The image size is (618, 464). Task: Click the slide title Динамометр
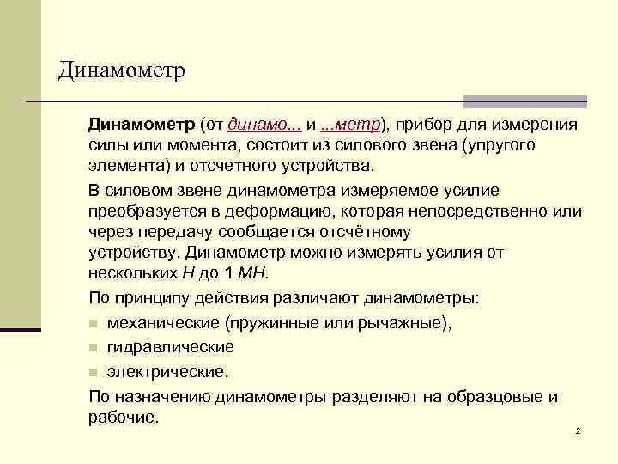click(x=121, y=70)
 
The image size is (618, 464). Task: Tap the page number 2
click(x=579, y=430)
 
